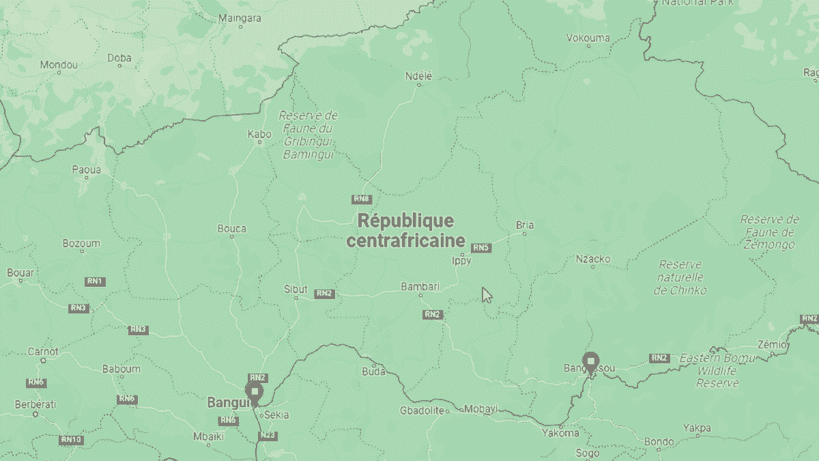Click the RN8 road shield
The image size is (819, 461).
click(362, 199)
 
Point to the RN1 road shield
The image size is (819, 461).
click(94, 281)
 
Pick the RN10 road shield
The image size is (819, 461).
click(71, 440)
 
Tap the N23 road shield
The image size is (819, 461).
click(268, 435)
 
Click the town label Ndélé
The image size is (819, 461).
click(419, 76)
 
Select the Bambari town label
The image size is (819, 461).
click(420, 286)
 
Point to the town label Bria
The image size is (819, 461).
click(525, 225)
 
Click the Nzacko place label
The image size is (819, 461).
click(593, 259)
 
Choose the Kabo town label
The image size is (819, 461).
click(259, 135)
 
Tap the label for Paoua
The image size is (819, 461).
click(87, 169)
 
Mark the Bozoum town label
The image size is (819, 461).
click(81, 243)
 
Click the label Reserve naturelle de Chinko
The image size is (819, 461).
click(680, 277)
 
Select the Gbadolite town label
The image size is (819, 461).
click(422, 410)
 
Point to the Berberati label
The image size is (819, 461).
click(35, 404)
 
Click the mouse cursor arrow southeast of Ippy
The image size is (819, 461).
click(486, 294)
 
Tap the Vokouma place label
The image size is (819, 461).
click(588, 38)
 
